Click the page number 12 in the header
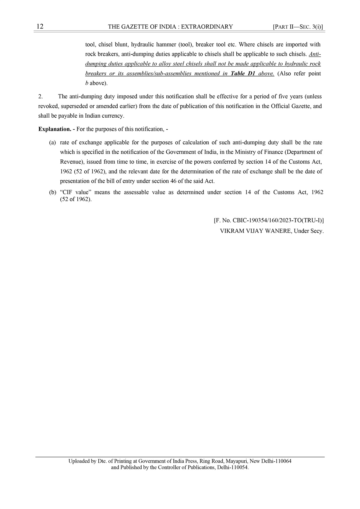40,27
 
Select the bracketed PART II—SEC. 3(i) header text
298,27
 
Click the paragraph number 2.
41,97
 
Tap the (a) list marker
52,143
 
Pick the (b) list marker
52,192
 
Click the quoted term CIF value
75,192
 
